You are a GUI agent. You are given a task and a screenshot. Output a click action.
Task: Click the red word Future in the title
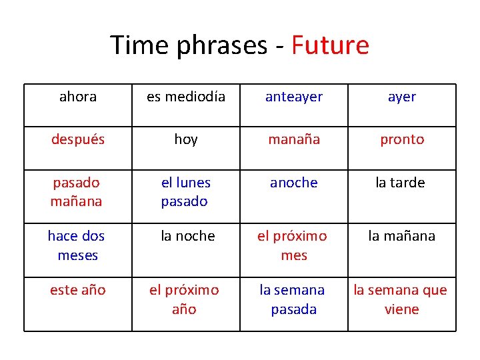330,45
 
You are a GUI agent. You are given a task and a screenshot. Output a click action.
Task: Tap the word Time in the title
137,45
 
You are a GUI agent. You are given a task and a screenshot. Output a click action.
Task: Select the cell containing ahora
78,97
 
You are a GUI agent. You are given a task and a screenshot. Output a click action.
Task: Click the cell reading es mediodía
186,97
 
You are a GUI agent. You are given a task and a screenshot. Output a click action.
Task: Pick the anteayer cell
294,97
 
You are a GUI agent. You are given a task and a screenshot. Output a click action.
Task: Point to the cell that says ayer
402,97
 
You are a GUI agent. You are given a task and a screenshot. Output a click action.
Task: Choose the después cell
78,139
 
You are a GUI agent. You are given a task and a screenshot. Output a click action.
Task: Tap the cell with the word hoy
186,139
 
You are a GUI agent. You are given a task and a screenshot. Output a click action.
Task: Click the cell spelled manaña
294,139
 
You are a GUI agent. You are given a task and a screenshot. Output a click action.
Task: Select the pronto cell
402,139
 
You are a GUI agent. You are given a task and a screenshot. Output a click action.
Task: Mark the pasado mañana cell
78,192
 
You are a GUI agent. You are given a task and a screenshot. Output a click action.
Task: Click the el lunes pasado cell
186,192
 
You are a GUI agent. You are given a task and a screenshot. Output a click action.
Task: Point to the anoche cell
294,183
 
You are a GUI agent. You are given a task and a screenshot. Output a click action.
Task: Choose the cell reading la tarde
402,183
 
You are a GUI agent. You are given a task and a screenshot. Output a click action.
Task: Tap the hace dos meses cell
78,245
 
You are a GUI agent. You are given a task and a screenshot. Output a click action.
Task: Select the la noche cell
186,236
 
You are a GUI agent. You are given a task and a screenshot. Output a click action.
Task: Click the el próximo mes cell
294,245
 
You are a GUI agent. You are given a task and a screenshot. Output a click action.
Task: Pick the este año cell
78,291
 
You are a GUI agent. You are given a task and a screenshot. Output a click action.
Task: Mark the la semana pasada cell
294,300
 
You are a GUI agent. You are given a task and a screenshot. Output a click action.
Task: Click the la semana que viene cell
402,300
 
